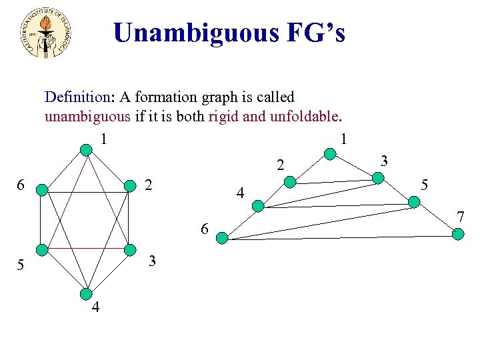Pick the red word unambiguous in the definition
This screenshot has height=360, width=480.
coord(87,117)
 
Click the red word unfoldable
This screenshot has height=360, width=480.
coord(304,117)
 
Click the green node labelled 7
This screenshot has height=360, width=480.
coord(458,233)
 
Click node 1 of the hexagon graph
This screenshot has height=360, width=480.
coord(86,151)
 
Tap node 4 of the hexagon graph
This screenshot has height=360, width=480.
coord(86,293)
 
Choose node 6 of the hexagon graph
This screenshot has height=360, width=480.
coord(41,190)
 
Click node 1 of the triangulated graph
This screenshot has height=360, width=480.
coord(330,155)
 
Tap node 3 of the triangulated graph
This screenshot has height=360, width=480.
coord(378,177)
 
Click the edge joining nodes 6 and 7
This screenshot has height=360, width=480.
coord(340,235)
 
